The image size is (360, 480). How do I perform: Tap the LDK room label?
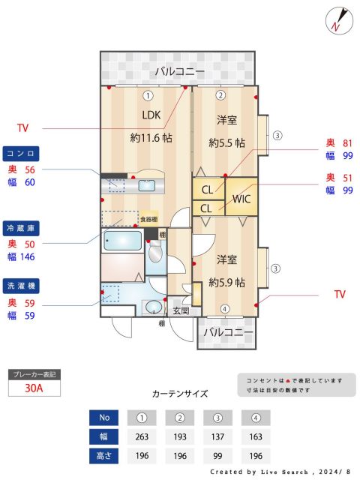pos(152,115)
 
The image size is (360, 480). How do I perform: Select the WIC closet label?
pos(241,199)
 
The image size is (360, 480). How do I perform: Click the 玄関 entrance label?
pos(181,310)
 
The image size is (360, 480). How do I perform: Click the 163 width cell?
pos(256,436)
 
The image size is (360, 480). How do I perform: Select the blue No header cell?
pos(104,418)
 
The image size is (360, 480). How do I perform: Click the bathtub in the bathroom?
pos(122,241)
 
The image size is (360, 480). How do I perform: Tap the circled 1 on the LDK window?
pos(148,95)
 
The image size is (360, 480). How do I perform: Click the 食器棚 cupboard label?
pos(149,219)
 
